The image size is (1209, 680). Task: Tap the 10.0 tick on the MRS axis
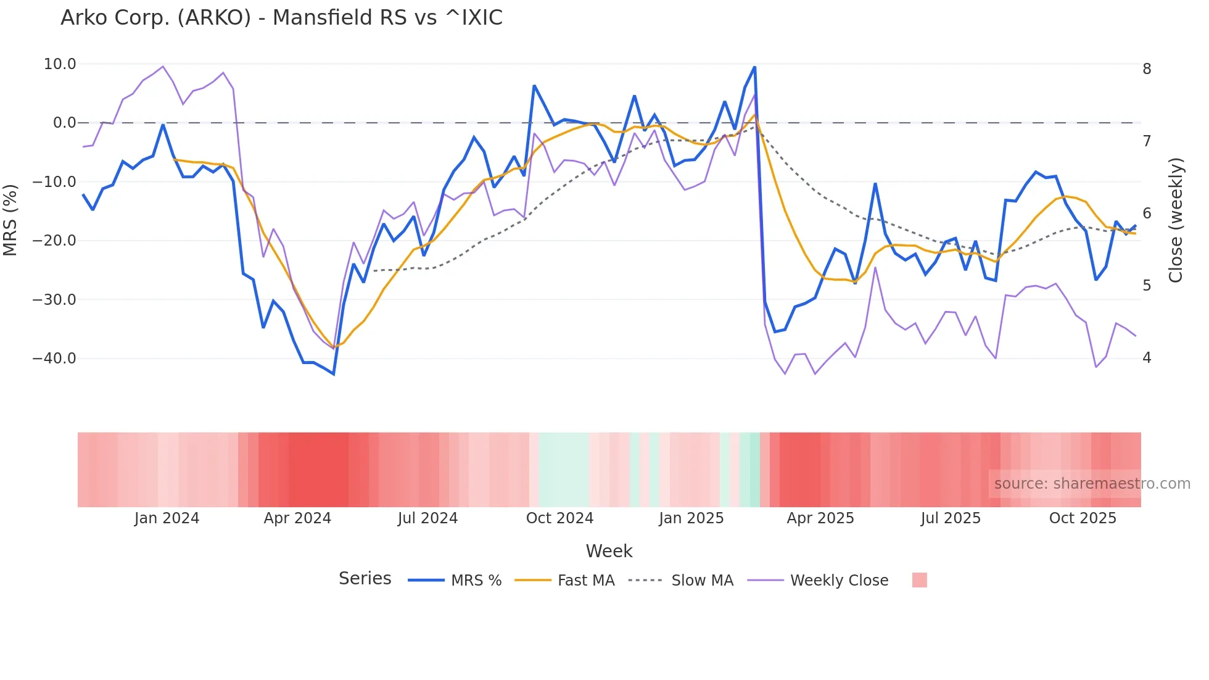(x=60, y=64)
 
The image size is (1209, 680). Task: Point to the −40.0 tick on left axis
(x=54, y=359)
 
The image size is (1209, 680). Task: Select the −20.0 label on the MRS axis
(x=54, y=241)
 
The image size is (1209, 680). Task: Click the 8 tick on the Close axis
(x=1147, y=69)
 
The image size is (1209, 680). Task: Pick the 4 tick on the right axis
(x=1147, y=358)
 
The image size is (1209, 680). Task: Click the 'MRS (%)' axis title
(x=10, y=220)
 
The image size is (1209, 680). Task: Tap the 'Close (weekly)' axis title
(x=1176, y=220)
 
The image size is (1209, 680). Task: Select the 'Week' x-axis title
(x=609, y=551)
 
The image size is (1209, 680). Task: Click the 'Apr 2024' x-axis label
(x=297, y=518)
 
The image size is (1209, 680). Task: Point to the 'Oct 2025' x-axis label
(x=1083, y=518)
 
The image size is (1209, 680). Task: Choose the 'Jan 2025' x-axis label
(x=691, y=518)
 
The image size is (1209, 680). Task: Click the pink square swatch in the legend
(x=919, y=580)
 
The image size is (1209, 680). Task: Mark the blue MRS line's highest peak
(x=754, y=67)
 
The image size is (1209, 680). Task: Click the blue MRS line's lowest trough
(x=334, y=374)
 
